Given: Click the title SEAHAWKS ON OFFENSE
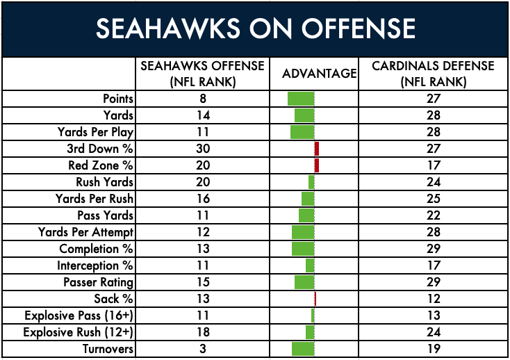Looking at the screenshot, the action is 256,28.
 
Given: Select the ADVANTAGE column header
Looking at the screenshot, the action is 319,74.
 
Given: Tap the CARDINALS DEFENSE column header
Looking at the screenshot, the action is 434,74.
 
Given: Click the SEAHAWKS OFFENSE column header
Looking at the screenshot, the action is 202,74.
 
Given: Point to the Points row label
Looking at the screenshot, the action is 118,99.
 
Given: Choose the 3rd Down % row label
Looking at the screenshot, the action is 100,149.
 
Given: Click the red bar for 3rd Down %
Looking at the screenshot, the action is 317,149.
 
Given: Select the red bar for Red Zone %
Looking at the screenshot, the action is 317,165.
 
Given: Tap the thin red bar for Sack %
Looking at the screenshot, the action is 315,299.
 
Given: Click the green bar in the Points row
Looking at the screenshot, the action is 301,99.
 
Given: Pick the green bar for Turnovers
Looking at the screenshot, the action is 303,349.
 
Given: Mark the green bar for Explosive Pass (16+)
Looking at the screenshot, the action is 313,315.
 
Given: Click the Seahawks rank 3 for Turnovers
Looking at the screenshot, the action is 203,349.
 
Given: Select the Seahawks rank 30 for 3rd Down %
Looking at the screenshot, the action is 203,149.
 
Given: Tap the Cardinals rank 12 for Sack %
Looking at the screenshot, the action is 434,299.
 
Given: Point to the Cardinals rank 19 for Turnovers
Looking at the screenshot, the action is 434,349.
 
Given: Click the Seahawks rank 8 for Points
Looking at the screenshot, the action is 203,99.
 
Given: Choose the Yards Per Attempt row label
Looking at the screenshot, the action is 85,232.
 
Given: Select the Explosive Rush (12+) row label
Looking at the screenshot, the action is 78,332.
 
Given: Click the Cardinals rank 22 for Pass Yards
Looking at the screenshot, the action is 434,215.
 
